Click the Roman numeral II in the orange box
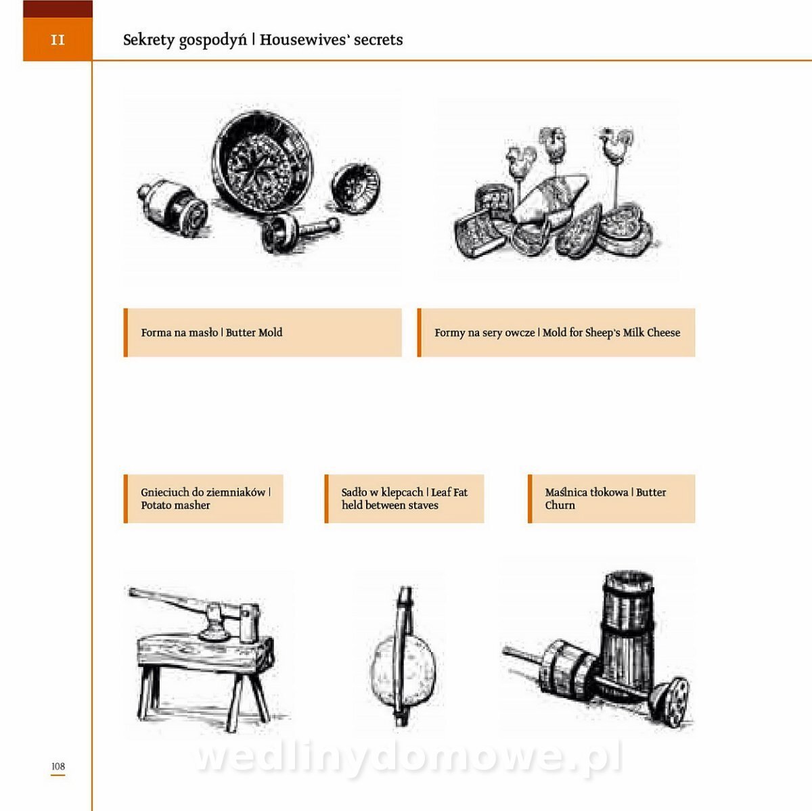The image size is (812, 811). coord(58,40)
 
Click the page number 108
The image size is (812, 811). coord(58,766)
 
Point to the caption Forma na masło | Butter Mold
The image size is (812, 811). coord(212,332)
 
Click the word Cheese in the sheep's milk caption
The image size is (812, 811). coord(664,332)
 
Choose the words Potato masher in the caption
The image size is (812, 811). coord(175,505)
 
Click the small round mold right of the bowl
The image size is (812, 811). coord(356,188)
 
